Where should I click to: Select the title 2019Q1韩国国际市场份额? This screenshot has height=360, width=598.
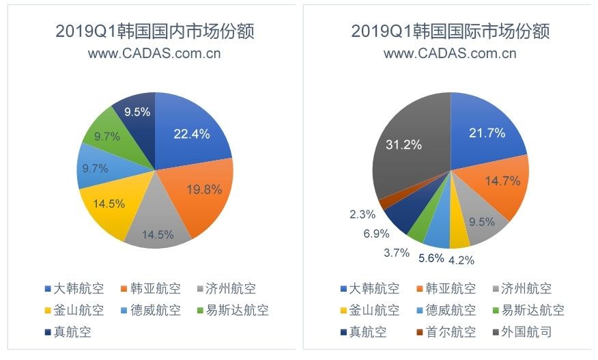[451, 31]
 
